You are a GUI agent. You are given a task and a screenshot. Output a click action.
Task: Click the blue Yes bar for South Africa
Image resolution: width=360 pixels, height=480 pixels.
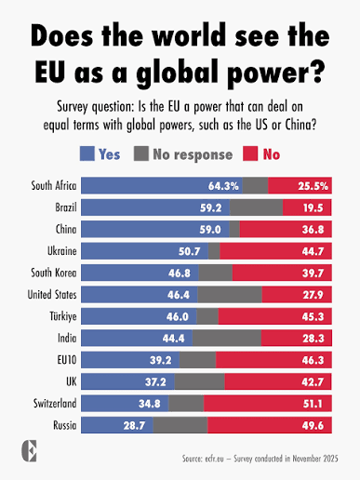[x=162, y=185]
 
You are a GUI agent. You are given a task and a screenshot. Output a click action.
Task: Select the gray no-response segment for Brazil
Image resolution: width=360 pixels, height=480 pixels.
[x=256, y=207]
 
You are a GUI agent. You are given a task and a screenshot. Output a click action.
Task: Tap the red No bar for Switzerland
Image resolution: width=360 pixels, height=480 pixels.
[x=268, y=404]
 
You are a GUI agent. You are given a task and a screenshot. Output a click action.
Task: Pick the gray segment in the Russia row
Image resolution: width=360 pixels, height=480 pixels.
[x=180, y=425]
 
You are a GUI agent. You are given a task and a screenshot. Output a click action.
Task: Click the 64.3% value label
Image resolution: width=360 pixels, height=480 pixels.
[x=223, y=186]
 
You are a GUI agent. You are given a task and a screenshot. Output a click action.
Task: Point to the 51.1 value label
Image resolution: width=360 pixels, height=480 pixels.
[x=313, y=404]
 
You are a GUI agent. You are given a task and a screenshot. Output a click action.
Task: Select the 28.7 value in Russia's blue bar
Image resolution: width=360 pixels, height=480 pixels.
[x=134, y=425]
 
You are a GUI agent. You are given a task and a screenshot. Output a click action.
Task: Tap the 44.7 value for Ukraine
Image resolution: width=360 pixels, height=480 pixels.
[x=313, y=251]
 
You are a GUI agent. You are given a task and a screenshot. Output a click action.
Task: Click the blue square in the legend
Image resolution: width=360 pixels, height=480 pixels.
[x=87, y=153]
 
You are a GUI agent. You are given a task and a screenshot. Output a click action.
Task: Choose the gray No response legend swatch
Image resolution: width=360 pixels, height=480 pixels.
[x=141, y=153]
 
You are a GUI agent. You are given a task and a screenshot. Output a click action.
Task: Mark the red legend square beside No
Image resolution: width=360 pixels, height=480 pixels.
[x=250, y=153]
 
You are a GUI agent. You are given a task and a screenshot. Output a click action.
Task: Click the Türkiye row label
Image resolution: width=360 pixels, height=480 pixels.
[x=63, y=316]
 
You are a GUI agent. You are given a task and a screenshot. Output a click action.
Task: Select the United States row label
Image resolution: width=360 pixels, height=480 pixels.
[x=52, y=295]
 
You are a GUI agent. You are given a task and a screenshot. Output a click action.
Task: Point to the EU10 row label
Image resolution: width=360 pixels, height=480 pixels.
[x=67, y=360]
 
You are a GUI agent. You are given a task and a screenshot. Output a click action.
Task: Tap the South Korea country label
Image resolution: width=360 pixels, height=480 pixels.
[x=54, y=273]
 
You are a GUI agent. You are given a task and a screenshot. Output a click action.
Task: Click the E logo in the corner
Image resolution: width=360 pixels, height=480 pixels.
[x=29, y=451]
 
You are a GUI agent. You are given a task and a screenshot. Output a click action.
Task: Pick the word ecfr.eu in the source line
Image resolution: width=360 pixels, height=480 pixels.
[x=214, y=459]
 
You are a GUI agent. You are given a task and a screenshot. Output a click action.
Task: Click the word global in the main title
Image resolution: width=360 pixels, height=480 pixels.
[x=179, y=73]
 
